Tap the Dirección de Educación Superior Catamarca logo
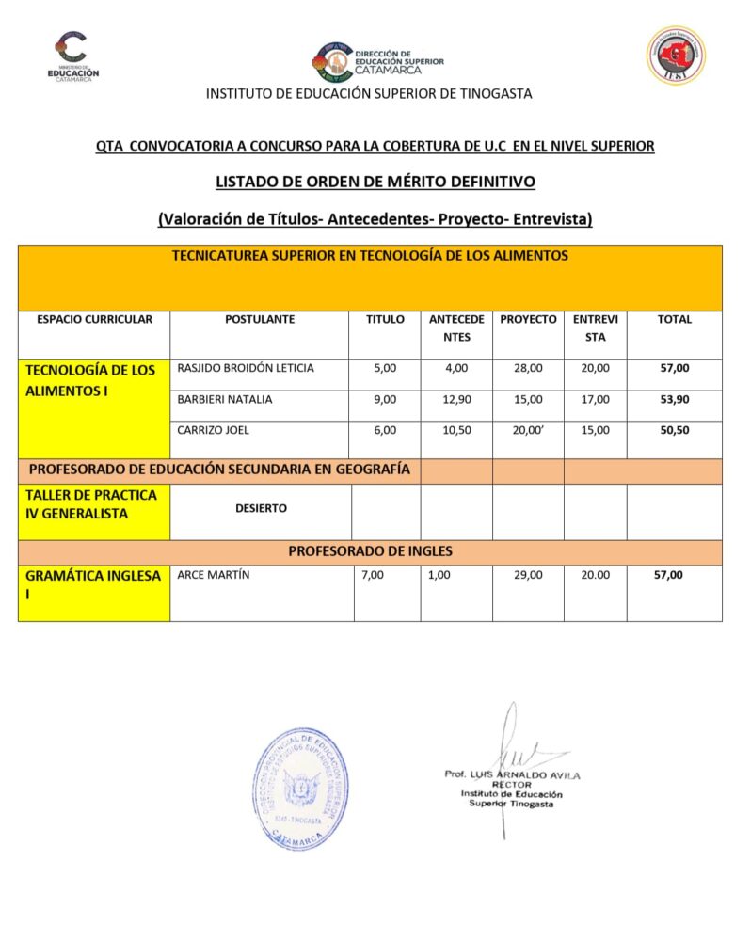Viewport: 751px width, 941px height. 376,60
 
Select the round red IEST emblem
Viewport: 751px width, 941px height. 675,56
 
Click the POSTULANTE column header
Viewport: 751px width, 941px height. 260,320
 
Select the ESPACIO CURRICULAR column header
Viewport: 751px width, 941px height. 94,320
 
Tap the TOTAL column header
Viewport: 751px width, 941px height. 674,320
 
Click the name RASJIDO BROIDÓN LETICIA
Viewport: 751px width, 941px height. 246,368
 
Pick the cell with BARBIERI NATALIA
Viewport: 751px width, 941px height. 225,399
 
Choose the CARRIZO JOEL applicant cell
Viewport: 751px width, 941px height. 212,430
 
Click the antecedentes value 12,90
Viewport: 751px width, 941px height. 456,399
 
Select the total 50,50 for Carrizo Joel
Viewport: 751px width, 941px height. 674,430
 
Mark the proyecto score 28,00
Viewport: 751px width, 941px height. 528,368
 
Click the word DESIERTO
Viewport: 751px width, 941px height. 261,509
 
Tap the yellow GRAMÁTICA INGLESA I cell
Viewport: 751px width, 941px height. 93,592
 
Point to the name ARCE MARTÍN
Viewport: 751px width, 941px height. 214,575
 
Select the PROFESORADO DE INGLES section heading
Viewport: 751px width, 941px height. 369,551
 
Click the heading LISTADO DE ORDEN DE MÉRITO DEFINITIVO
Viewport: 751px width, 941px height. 375,182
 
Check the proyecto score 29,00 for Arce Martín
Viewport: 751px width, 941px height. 528,575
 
